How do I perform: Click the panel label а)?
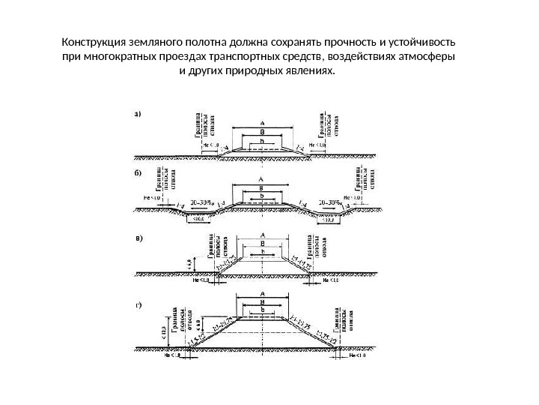tap(137, 115)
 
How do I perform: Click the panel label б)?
tap(138, 173)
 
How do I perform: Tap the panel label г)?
tap(138, 306)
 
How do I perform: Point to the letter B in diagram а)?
tap(262, 131)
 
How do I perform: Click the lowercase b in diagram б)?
tap(261, 196)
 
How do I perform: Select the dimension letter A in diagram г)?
tap(262, 294)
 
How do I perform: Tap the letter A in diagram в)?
tap(262, 233)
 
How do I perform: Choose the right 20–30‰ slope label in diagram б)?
tap(331, 202)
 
